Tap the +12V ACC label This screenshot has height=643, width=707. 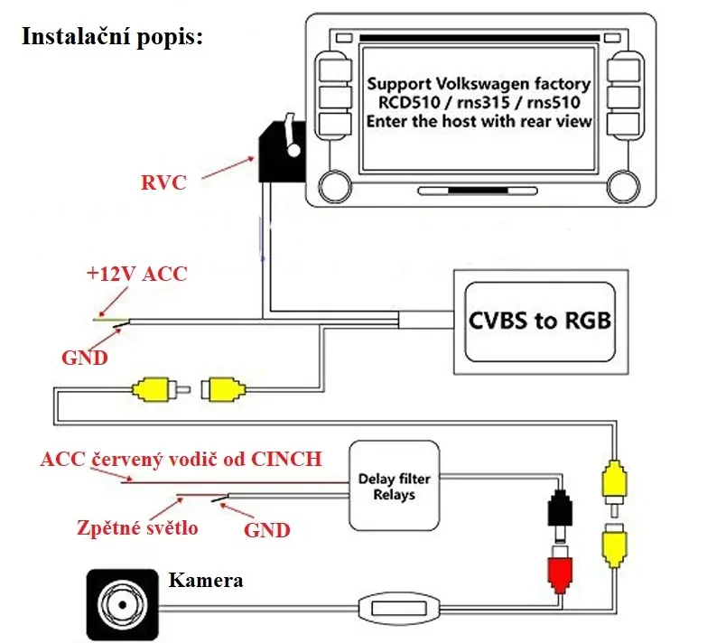pos(136,274)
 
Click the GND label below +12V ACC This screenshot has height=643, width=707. pos(85,357)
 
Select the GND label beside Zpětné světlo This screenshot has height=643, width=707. pos(267,529)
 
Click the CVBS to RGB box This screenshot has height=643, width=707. pos(540,321)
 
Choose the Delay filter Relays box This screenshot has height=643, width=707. pos(394,486)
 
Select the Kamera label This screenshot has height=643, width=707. pos(205,580)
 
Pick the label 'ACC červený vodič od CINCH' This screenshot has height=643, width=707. pos(181,459)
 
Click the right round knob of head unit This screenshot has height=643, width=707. pos(620,188)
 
